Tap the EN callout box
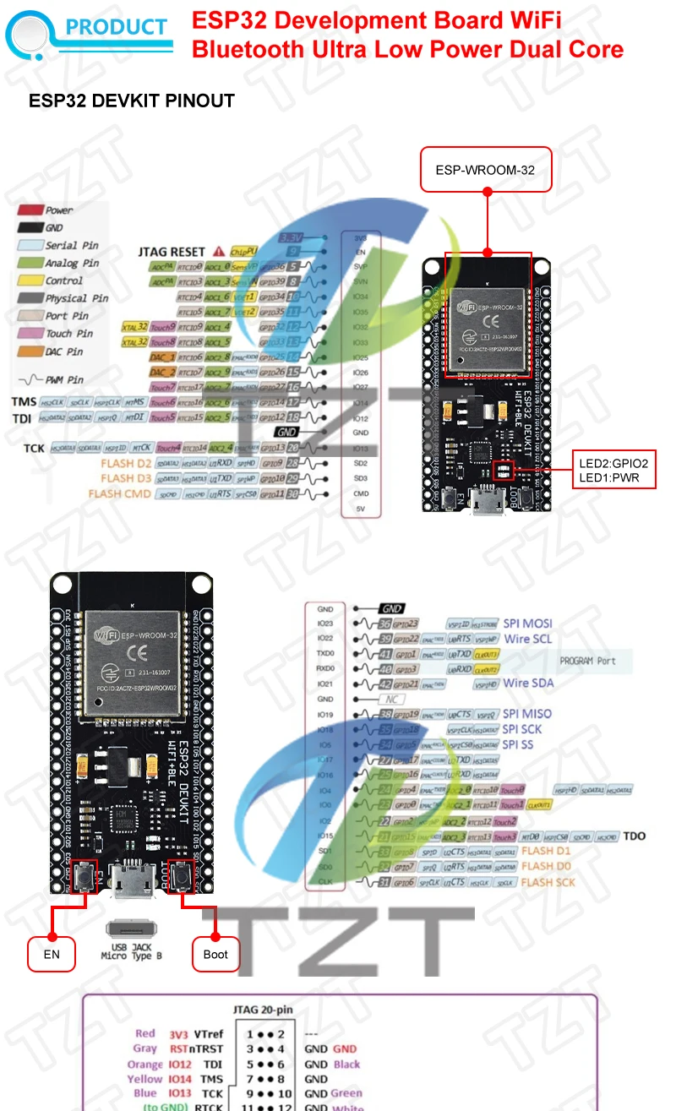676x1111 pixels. pyautogui.click(x=52, y=954)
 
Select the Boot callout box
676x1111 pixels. pyautogui.click(x=215, y=954)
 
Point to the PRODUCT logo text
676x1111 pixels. pyautogui.click(x=117, y=27)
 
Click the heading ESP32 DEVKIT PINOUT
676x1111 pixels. pyautogui.click(x=131, y=101)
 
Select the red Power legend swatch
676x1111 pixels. pyautogui.click(x=31, y=210)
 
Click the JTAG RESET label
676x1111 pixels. pyautogui.click(x=172, y=252)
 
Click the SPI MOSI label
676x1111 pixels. pyautogui.click(x=528, y=624)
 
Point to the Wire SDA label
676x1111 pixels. pyautogui.click(x=529, y=683)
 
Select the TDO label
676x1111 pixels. pyautogui.click(x=634, y=836)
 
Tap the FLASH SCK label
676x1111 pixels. pyautogui.click(x=548, y=882)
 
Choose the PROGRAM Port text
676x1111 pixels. pyautogui.click(x=599, y=661)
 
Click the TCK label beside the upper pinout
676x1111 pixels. pyautogui.click(x=34, y=447)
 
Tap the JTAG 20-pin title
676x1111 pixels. pyautogui.click(x=263, y=1010)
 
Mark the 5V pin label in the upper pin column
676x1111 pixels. pyautogui.click(x=360, y=509)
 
